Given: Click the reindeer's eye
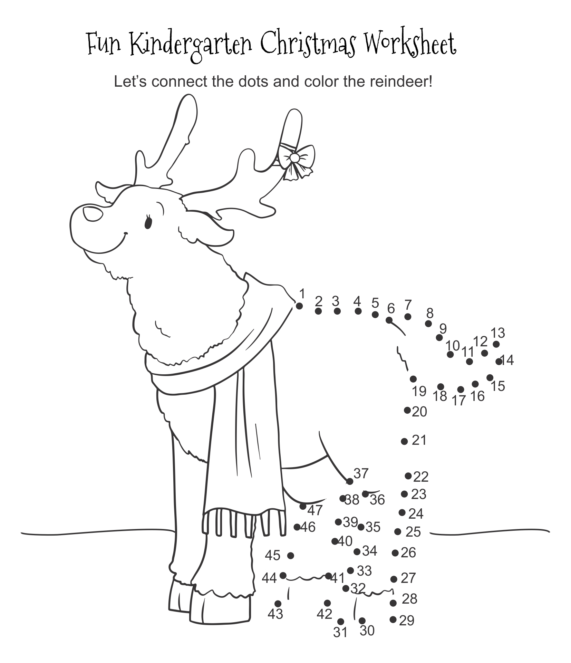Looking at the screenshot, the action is [148, 222].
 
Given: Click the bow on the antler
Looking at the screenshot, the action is [296, 160].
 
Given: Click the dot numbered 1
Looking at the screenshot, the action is [299, 306].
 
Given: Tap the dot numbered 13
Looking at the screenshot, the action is [496, 344].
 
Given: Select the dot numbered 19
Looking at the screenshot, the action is [413, 379].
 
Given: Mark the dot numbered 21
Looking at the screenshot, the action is [405, 441].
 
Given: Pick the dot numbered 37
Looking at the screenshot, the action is [350, 481].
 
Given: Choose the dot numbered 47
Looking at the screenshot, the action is [303, 506].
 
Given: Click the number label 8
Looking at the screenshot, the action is [429, 313].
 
